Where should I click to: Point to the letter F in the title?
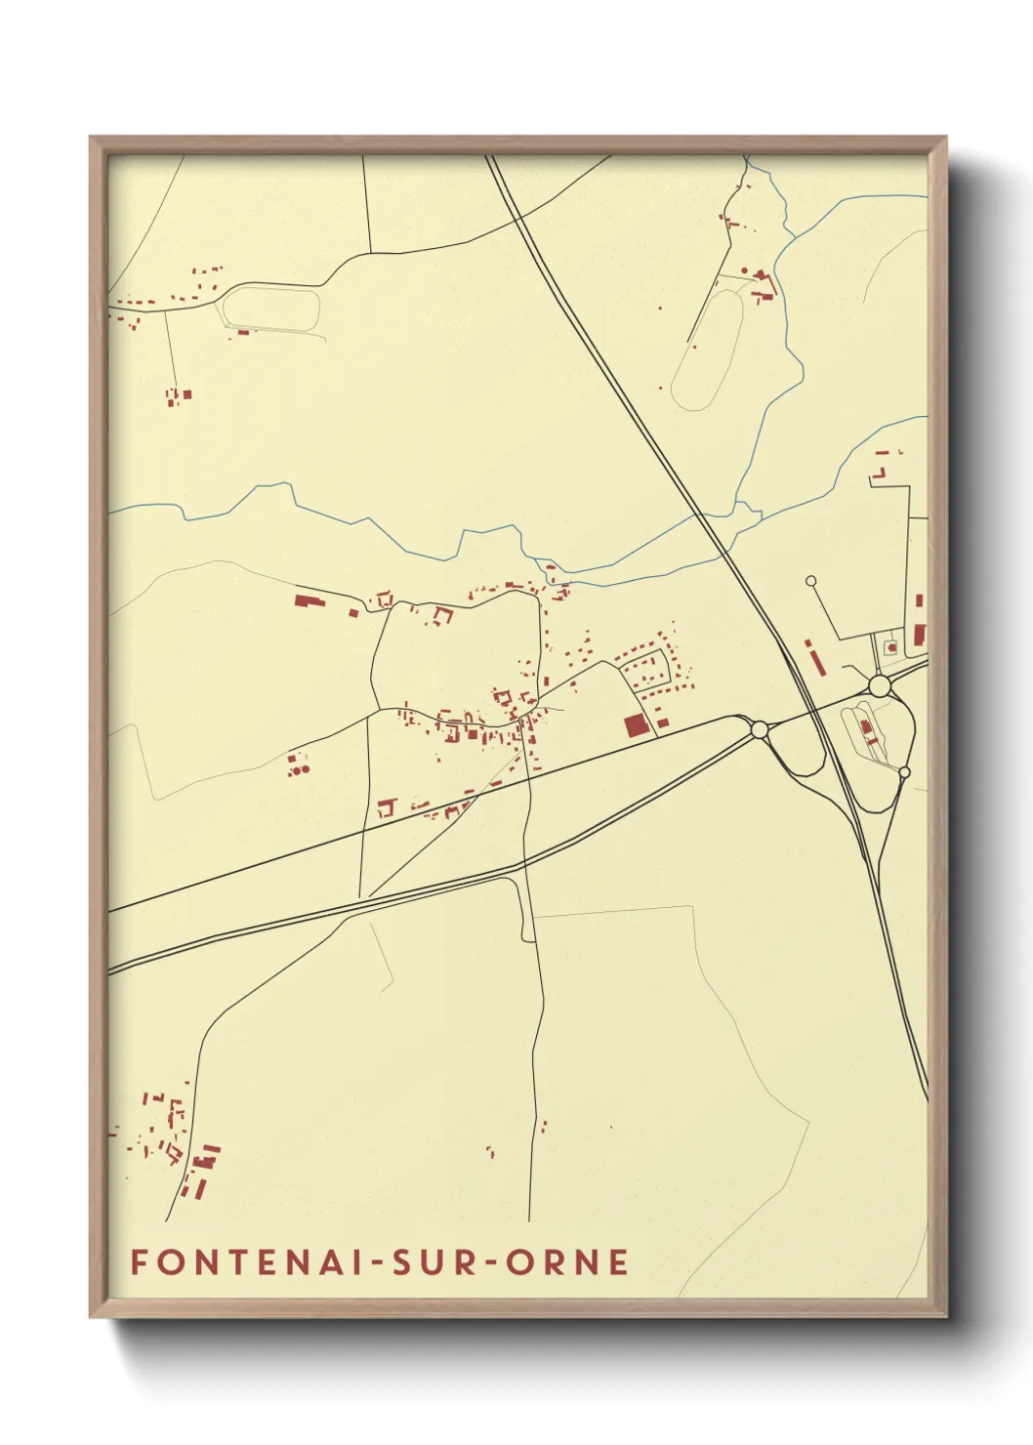coord(139,1261)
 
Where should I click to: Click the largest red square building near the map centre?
coord(636,725)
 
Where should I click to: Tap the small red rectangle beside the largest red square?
coord(663,722)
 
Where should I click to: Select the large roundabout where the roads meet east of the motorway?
coord(879,685)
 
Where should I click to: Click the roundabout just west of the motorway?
coord(759,728)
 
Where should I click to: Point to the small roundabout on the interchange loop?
coord(904,772)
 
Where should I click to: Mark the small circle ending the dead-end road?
coord(810,581)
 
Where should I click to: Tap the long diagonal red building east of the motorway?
coord(814,656)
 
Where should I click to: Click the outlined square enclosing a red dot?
coord(890,646)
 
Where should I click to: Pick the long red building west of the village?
coord(309,600)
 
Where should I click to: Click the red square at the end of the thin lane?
coord(186,394)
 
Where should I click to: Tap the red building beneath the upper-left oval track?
coord(243,333)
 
